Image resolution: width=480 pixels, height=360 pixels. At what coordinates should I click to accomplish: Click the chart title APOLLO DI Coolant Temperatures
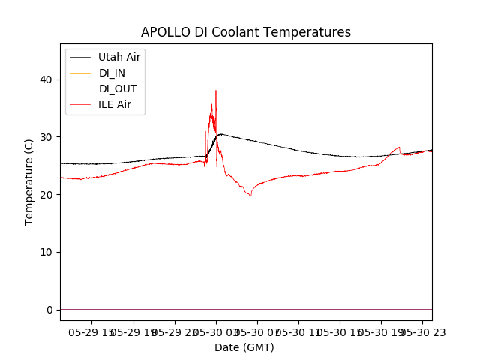246,32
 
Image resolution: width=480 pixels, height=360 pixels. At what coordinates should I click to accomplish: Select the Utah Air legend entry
119,57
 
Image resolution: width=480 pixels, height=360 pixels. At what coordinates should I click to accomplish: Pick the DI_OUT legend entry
118,88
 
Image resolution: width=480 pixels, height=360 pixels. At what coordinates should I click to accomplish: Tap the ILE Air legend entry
115,104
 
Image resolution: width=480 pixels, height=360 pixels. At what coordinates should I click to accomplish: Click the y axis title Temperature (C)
29,181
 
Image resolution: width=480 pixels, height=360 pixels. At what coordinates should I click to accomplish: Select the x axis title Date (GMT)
244,347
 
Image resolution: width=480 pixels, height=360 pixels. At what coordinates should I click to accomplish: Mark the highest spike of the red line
216,91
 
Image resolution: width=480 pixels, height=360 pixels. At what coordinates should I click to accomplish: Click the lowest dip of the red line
250,196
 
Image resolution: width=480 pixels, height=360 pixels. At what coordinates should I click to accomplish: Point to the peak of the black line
220,134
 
